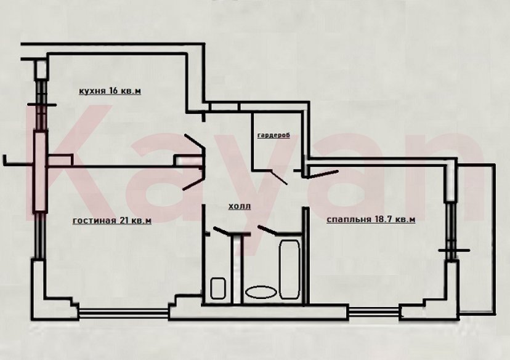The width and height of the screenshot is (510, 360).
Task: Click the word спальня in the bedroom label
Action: tap(348, 219)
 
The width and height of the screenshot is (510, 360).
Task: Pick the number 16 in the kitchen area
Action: tap(115, 92)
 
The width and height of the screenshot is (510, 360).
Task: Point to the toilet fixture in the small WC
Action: tap(217, 289)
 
